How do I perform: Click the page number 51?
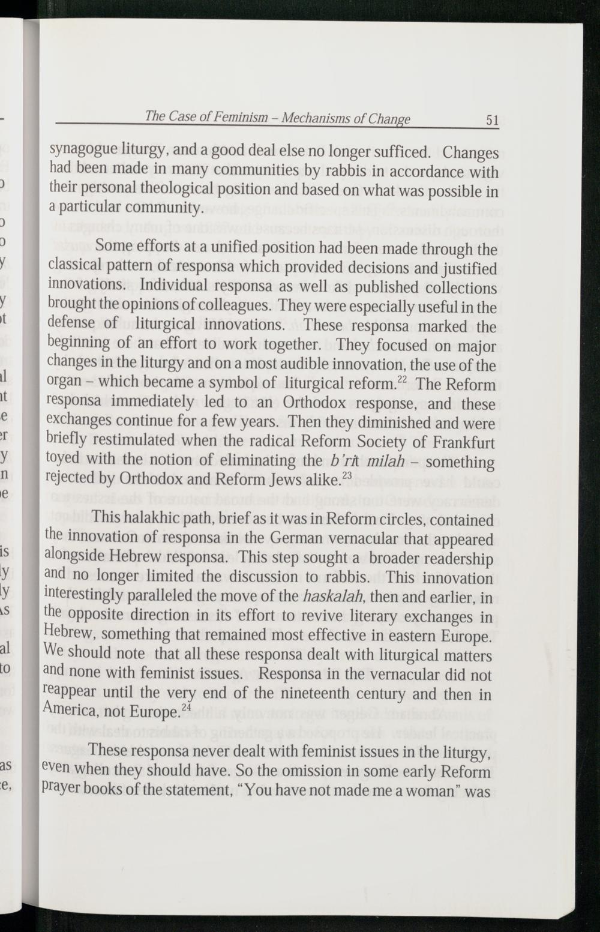coord(492,120)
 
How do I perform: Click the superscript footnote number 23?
coord(346,476)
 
